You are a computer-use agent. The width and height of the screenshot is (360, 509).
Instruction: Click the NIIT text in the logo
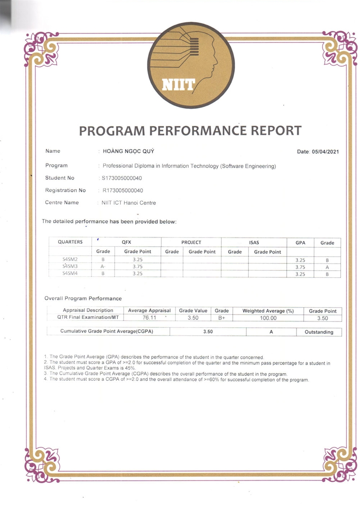point(179,85)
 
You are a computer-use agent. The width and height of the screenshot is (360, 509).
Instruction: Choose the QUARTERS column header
point(70,242)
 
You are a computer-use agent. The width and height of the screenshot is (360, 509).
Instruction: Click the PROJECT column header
point(191,242)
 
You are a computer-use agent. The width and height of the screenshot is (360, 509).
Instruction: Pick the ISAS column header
point(254,243)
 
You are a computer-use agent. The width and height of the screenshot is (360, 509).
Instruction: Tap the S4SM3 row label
point(70,266)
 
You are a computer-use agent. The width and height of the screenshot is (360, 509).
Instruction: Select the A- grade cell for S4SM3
point(103,267)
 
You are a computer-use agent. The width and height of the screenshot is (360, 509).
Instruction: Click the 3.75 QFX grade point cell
point(137,267)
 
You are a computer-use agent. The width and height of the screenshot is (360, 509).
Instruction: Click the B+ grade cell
point(221,318)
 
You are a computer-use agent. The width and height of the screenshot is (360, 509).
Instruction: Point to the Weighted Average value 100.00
point(268,318)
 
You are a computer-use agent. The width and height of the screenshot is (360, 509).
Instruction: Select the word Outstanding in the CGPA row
point(319,332)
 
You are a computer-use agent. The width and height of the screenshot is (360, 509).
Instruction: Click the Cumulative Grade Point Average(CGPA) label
point(107,331)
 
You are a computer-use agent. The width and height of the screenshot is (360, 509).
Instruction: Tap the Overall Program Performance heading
point(83,299)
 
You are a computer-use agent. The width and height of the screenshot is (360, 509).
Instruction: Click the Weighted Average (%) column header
point(268,311)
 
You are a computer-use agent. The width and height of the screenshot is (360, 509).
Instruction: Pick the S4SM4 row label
point(70,274)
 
